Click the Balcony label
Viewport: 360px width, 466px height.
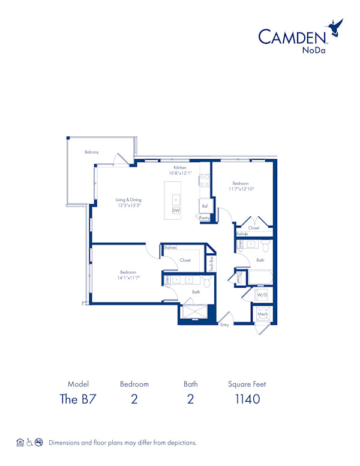[x=92, y=152]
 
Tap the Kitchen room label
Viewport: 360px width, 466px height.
[x=181, y=168]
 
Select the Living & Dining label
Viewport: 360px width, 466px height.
[x=128, y=199]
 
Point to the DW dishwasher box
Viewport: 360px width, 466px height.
[x=176, y=211]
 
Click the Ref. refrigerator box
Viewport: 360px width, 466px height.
[x=205, y=206]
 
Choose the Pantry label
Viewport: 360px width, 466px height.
[x=205, y=218]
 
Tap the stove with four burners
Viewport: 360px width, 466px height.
[x=204, y=178]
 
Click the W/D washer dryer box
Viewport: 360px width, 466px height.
[x=262, y=295]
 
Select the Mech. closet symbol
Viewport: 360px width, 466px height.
[x=263, y=313]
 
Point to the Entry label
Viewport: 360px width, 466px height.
[x=225, y=325]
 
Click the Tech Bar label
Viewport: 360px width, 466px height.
[x=211, y=264]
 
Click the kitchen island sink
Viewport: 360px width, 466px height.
[x=176, y=199]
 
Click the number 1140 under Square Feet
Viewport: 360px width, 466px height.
[x=247, y=399]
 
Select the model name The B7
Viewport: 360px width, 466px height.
[x=79, y=399]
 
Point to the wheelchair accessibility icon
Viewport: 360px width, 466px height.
[x=29, y=442]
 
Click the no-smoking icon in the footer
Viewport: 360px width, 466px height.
[x=39, y=442]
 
